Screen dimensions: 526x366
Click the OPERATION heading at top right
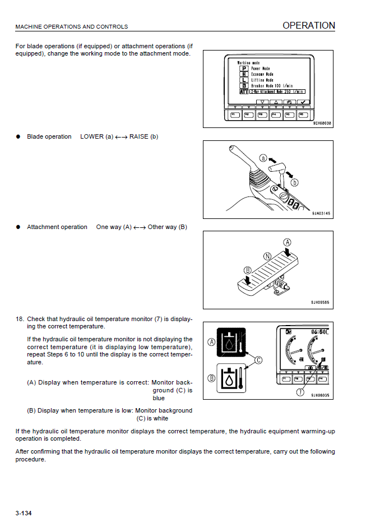point(308,25)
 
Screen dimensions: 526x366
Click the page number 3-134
point(24,513)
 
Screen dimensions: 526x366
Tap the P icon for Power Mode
point(244,68)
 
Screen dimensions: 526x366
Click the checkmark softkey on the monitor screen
point(303,102)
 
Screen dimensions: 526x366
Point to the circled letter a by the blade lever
point(263,159)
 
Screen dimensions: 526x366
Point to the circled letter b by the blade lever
point(294,182)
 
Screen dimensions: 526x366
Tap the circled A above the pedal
point(288,243)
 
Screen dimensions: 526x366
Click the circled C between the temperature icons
point(258,360)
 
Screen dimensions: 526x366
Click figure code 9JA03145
point(321,214)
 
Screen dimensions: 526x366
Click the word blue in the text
point(159,398)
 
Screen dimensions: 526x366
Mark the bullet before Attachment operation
point(18,227)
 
